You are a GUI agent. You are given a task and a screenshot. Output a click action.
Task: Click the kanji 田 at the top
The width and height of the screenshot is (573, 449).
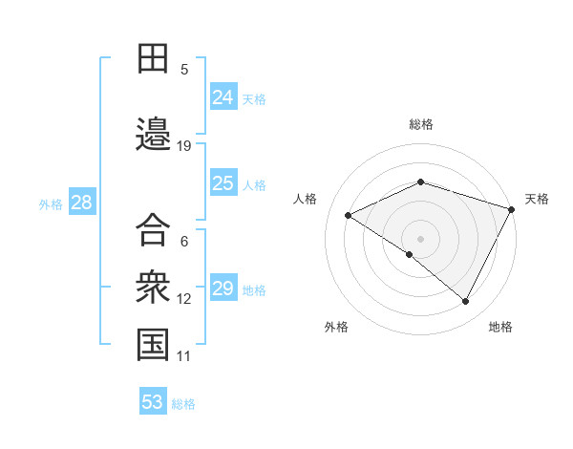pos(153,58)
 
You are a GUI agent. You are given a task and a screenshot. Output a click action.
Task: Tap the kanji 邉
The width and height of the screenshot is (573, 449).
pos(153,135)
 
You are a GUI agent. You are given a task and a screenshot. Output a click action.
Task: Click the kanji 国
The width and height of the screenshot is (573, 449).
pos(153,345)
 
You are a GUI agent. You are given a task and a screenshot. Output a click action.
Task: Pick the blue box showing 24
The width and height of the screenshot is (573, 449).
pos(223,96)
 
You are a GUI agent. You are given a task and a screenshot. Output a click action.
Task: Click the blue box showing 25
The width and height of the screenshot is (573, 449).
pos(223,183)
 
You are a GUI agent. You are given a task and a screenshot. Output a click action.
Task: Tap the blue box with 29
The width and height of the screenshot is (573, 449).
pos(223,289)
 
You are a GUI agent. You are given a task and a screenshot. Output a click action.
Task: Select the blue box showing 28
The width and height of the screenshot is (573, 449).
pos(81,203)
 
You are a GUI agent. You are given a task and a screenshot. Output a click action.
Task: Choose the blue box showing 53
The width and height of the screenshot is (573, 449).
pos(153,402)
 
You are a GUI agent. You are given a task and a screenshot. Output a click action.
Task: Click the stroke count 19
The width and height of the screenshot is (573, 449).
pos(184,146)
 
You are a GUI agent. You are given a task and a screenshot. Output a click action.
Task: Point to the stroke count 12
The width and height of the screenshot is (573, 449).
pos(184,299)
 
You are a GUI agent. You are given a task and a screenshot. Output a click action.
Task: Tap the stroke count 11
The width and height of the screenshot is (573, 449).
pos(184,356)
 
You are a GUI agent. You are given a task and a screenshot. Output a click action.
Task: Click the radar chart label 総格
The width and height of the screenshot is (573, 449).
pos(421,124)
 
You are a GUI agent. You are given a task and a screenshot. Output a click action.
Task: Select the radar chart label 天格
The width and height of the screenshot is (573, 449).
pos(537,199)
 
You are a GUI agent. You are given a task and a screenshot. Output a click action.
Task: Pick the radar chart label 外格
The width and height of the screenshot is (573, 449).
pos(336,327)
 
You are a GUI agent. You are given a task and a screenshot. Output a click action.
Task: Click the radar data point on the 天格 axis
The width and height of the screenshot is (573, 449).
pos(513,208)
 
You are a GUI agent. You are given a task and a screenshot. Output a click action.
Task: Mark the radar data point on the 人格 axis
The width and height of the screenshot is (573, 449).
pos(349,216)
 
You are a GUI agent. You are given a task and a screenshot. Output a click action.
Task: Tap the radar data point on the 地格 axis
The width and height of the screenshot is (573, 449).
pos(466,302)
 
